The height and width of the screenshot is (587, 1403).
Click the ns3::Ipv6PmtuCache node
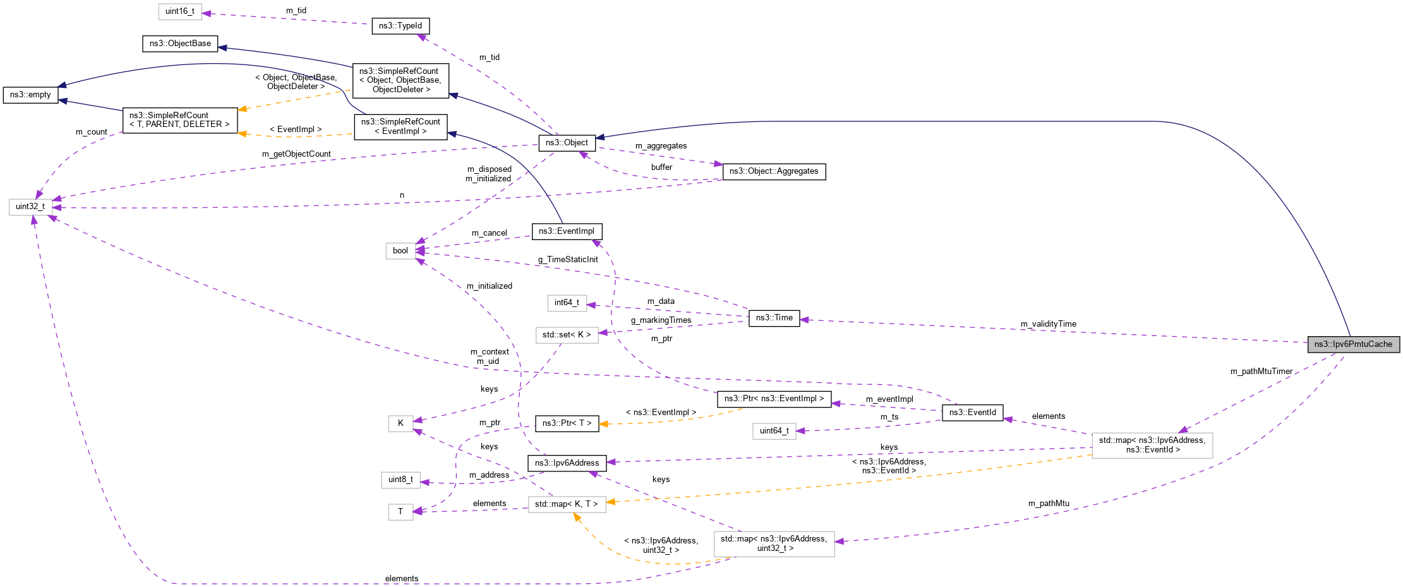(x=1353, y=344)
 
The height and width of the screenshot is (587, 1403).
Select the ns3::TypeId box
(x=400, y=26)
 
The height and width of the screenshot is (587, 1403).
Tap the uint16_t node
(x=180, y=11)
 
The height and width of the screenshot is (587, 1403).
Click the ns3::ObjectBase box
(x=180, y=44)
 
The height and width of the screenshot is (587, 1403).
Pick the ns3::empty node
(x=30, y=95)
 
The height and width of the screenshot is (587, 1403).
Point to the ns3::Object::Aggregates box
(x=773, y=171)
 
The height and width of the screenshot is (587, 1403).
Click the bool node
(x=400, y=251)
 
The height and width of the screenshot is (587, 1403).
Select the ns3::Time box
(x=774, y=318)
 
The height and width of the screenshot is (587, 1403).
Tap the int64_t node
(x=567, y=303)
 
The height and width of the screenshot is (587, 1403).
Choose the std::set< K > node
(x=567, y=335)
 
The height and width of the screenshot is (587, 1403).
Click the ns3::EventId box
(x=972, y=413)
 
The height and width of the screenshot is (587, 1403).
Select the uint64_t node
(x=774, y=431)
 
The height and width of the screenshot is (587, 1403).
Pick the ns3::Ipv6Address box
(x=567, y=463)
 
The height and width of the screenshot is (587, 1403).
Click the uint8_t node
(x=400, y=480)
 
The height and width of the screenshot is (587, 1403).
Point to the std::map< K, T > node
(x=566, y=504)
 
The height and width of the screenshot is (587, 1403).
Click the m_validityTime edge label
(x=1048, y=324)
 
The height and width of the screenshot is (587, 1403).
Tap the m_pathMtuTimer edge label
(x=1261, y=372)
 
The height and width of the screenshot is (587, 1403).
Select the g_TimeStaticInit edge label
(x=567, y=260)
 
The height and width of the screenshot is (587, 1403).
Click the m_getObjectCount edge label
(x=296, y=154)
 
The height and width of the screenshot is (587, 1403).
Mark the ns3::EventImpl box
(x=566, y=231)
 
